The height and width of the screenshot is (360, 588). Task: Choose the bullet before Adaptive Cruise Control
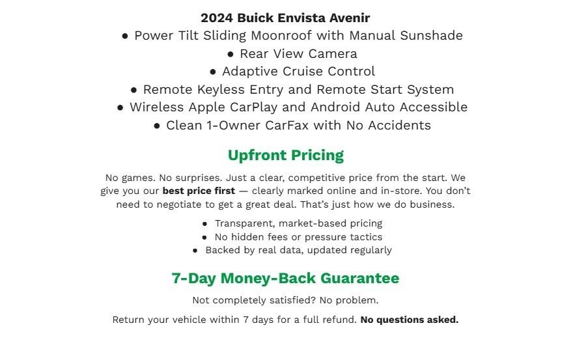[x=213, y=72]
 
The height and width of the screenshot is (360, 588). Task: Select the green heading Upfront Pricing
[x=285, y=156]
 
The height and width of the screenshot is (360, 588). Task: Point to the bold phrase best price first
[x=199, y=191]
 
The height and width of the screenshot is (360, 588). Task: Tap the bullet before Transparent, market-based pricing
[x=204, y=224]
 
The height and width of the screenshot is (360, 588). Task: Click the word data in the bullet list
[x=291, y=250]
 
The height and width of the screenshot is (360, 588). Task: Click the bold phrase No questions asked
[x=409, y=320]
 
